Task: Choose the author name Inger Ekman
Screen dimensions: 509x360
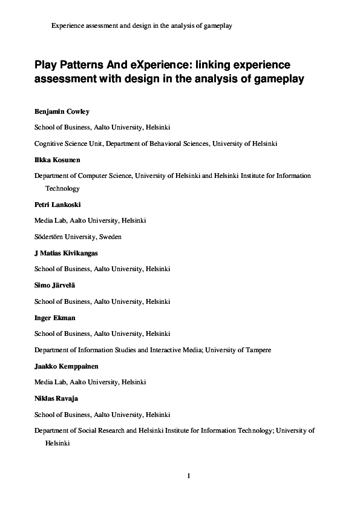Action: (55, 317)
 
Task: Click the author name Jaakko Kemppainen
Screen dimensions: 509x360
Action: (66, 366)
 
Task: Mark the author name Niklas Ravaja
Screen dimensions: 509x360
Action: (56, 398)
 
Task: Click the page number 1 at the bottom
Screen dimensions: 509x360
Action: (189, 476)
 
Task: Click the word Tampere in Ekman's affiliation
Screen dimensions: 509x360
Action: (256, 350)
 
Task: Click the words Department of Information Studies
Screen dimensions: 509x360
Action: (87, 350)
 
